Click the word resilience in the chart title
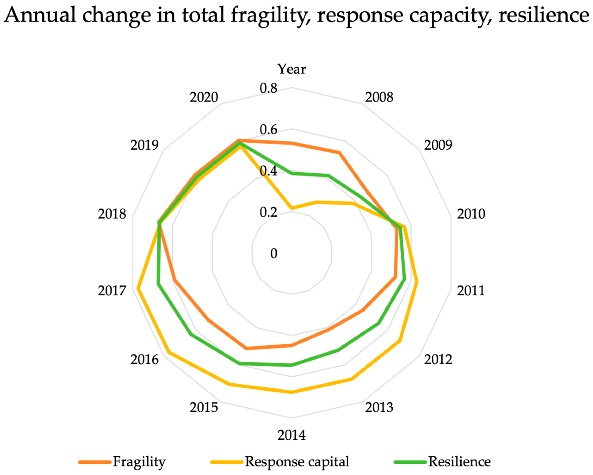pyautogui.click(x=544, y=15)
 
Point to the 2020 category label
pyautogui.click(x=203, y=97)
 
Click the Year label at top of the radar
pyautogui.click(x=291, y=69)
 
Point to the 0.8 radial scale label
pyautogui.click(x=268, y=88)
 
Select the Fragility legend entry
pyautogui.click(x=139, y=462)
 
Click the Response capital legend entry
pyautogui.click(x=297, y=462)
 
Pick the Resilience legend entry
pyautogui.click(x=459, y=462)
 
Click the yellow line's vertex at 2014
pyautogui.click(x=292, y=392)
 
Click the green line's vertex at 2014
pyautogui.click(x=292, y=365)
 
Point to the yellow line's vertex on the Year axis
pyautogui.click(x=292, y=208)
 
